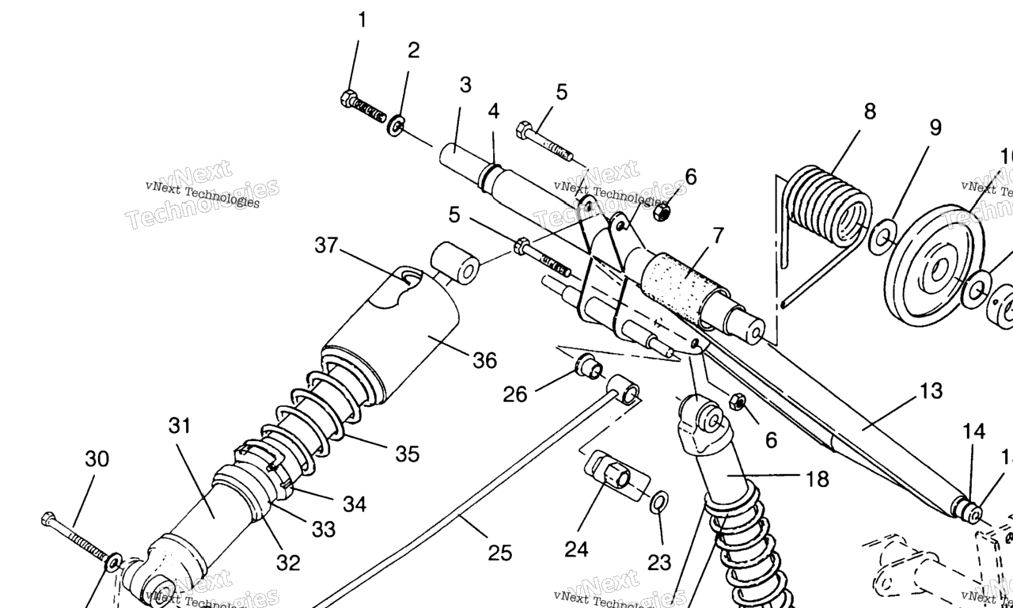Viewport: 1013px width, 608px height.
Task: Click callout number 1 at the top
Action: click(x=362, y=21)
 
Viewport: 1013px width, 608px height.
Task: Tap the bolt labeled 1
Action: click(x=363, y=107)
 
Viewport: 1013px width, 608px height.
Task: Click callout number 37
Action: click(x=326, y=246)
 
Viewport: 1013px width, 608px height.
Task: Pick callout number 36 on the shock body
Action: click(x=484, y=361)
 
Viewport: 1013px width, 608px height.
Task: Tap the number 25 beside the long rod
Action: click(x=499, y=553)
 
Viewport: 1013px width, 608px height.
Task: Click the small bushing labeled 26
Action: click(x=588, y=367)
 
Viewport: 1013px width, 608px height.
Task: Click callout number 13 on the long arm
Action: click(x=931, y=391)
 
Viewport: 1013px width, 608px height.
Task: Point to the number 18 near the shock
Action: click(x=817, y=479)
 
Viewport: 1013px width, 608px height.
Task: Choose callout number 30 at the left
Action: click(x=97, y=459)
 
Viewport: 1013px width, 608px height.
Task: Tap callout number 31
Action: click(x=180, y=426)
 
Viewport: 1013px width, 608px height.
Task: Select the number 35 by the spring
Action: click(x=407, y=454)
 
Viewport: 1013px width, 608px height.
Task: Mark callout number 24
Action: click(x=576, y=549)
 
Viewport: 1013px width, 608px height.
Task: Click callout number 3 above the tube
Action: click(x=465, y=85)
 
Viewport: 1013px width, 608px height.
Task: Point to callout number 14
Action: click(x=973, y=431)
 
